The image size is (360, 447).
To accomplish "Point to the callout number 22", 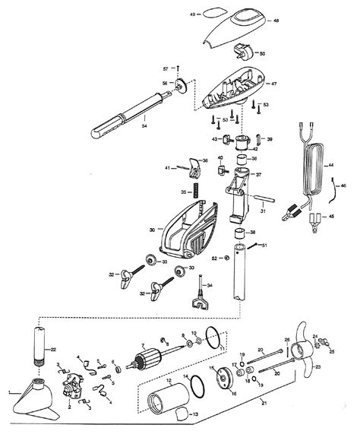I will pyautogui.click(x=53, y=327).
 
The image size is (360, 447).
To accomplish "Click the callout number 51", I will pyautogui.click(x=265, y=246).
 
